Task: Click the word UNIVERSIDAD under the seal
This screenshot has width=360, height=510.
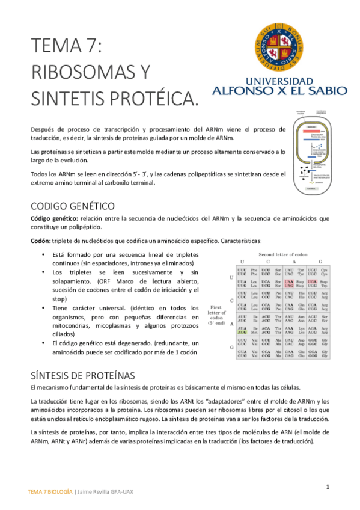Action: (x=279, y=81)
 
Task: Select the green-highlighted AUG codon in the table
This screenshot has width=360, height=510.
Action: (x=242, y=332)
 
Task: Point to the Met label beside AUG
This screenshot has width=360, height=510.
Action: (x=254, y=332)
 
